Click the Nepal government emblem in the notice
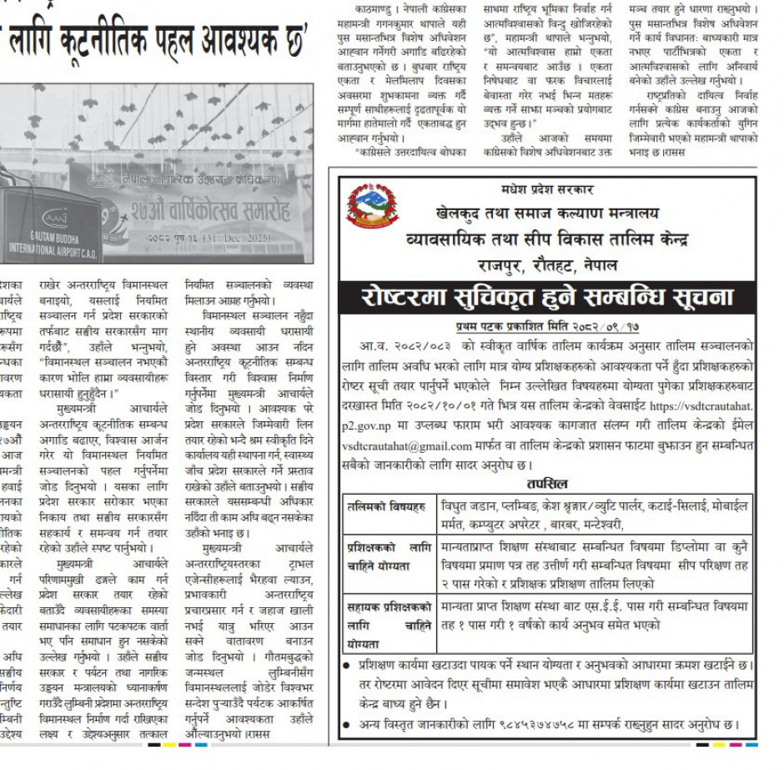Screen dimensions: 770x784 [371, 209]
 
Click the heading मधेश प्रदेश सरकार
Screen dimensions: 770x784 [546, 190]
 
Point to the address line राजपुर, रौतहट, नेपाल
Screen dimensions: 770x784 [547, 265]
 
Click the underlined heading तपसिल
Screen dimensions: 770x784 [547, 483]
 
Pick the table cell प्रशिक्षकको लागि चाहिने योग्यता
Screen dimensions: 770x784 [389, 556]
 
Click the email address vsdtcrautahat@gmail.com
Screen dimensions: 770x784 [407, 446]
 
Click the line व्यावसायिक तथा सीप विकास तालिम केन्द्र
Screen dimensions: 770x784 [547, 239]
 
